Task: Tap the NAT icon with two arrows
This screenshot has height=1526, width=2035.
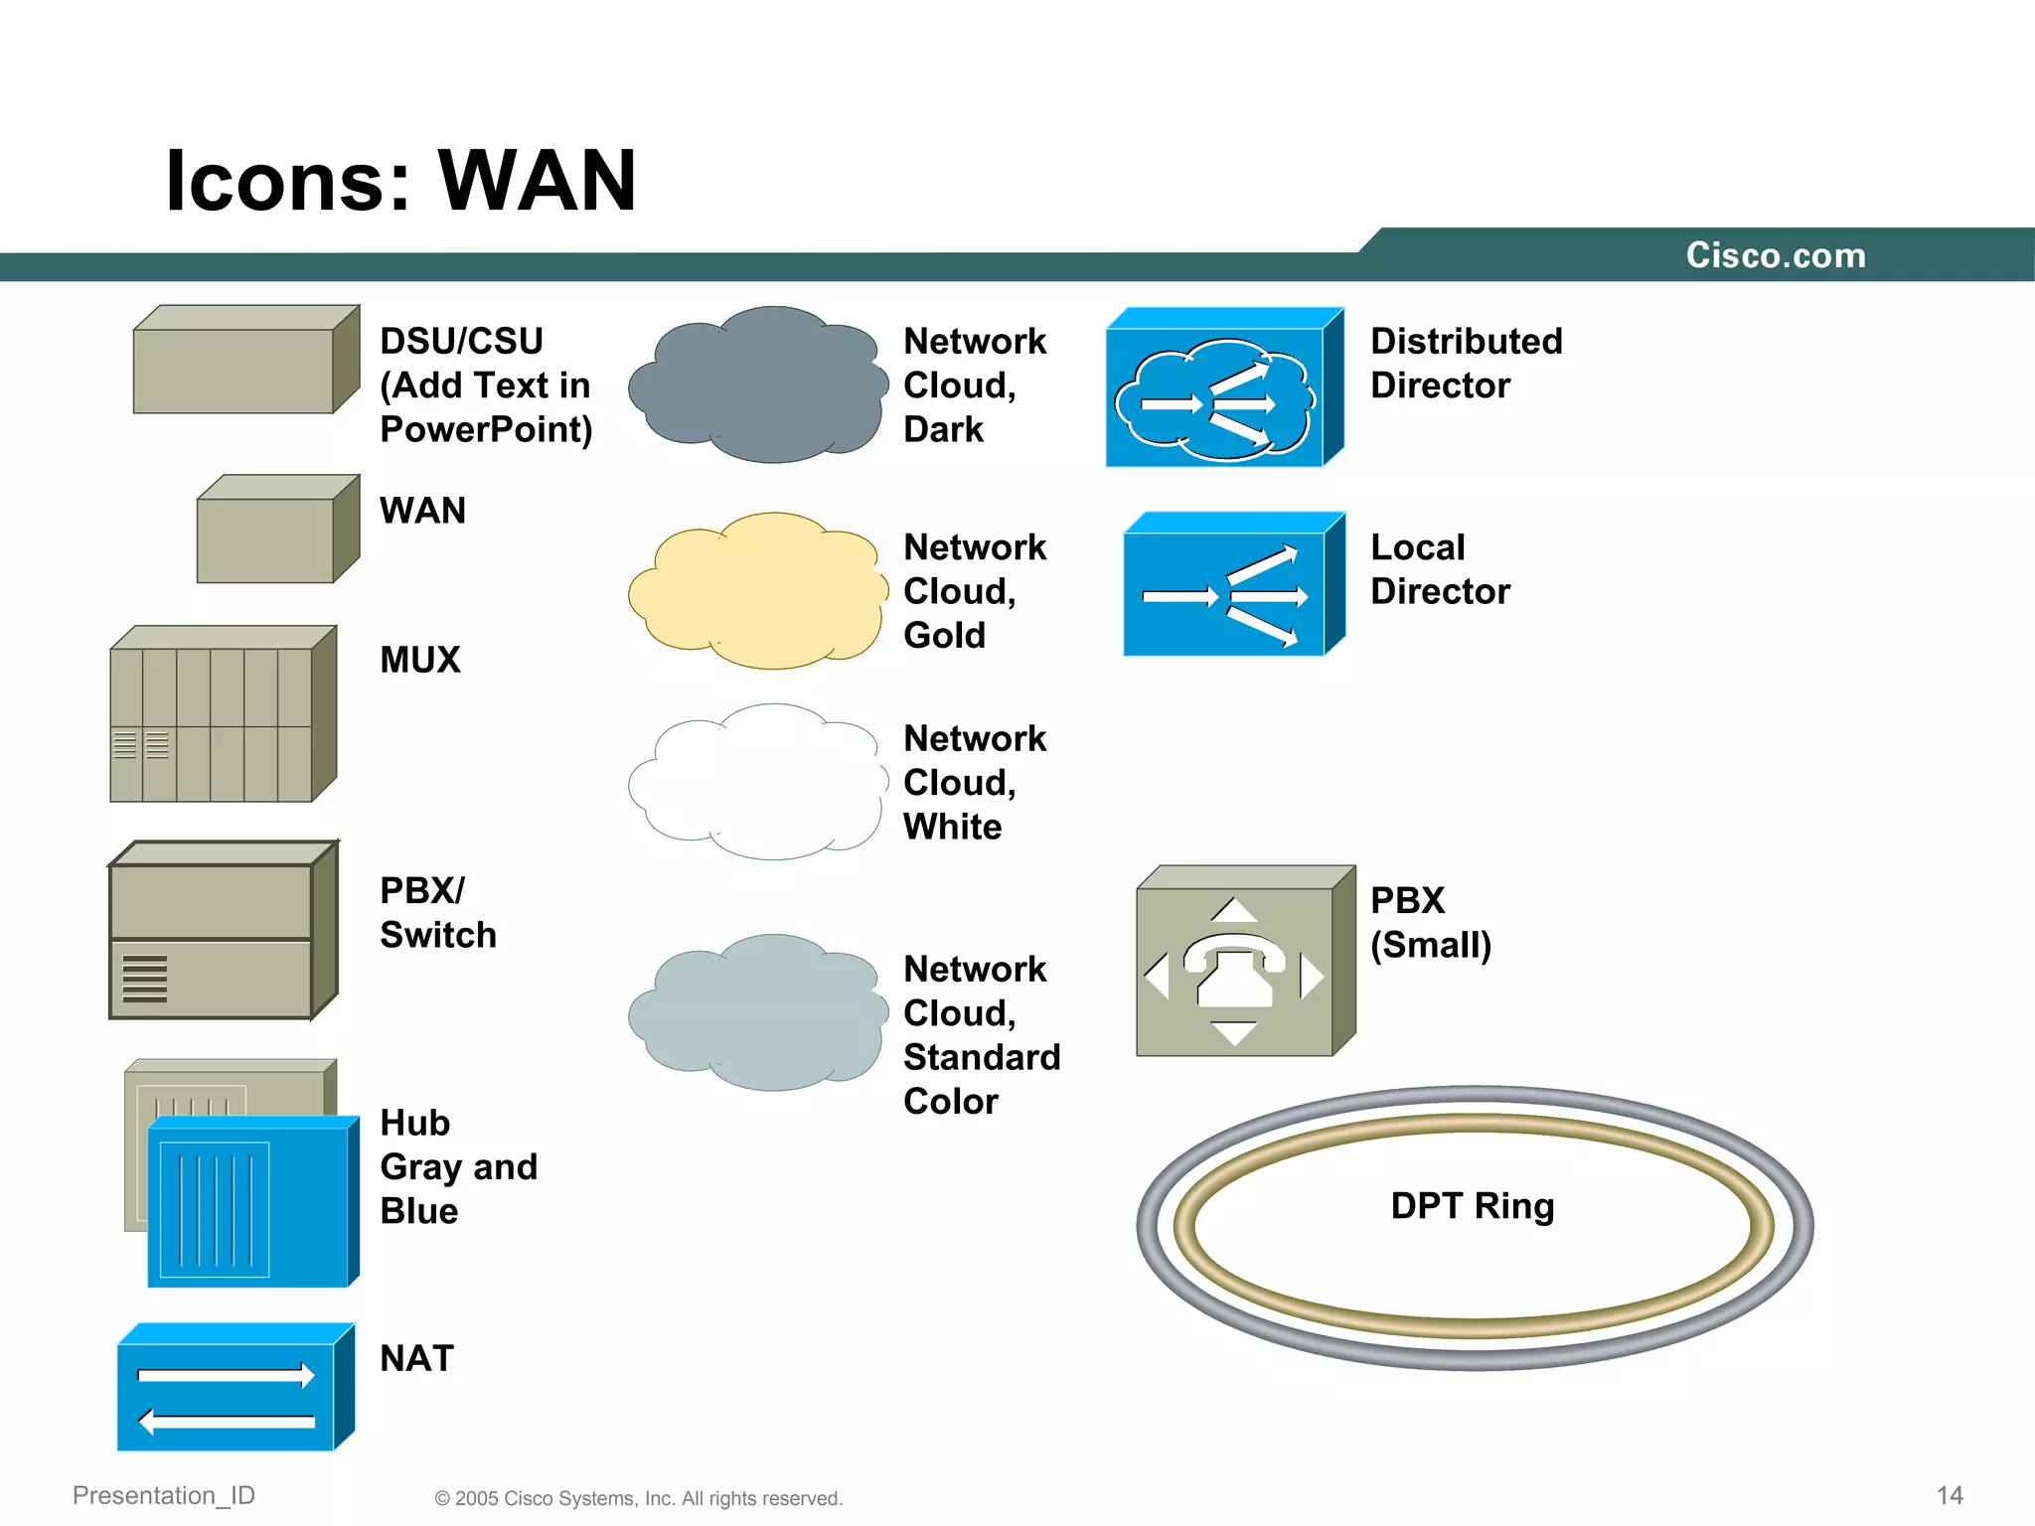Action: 235,1388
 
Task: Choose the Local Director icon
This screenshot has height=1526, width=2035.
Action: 1232,586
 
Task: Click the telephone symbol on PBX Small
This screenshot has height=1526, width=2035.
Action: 1234,969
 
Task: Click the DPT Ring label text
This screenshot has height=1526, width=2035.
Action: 1472,1205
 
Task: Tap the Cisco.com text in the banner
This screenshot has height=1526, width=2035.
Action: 1775,255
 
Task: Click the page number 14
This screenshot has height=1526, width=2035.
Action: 1949,1495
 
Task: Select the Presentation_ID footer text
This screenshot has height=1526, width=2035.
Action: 164,1495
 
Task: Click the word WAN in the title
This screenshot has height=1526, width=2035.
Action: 537,181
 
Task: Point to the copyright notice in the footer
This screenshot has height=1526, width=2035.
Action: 638,1498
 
